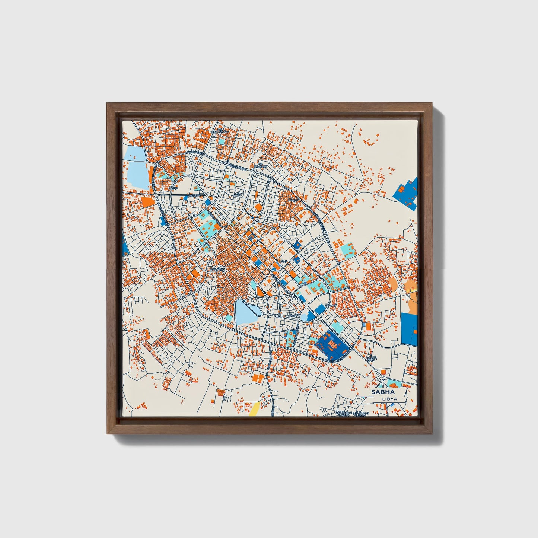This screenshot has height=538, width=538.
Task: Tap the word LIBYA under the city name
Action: [x=389, y=399]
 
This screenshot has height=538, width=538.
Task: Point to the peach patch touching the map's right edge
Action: [x=413, y=303]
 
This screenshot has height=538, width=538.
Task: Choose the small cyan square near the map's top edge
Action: [x=222, y=141]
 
